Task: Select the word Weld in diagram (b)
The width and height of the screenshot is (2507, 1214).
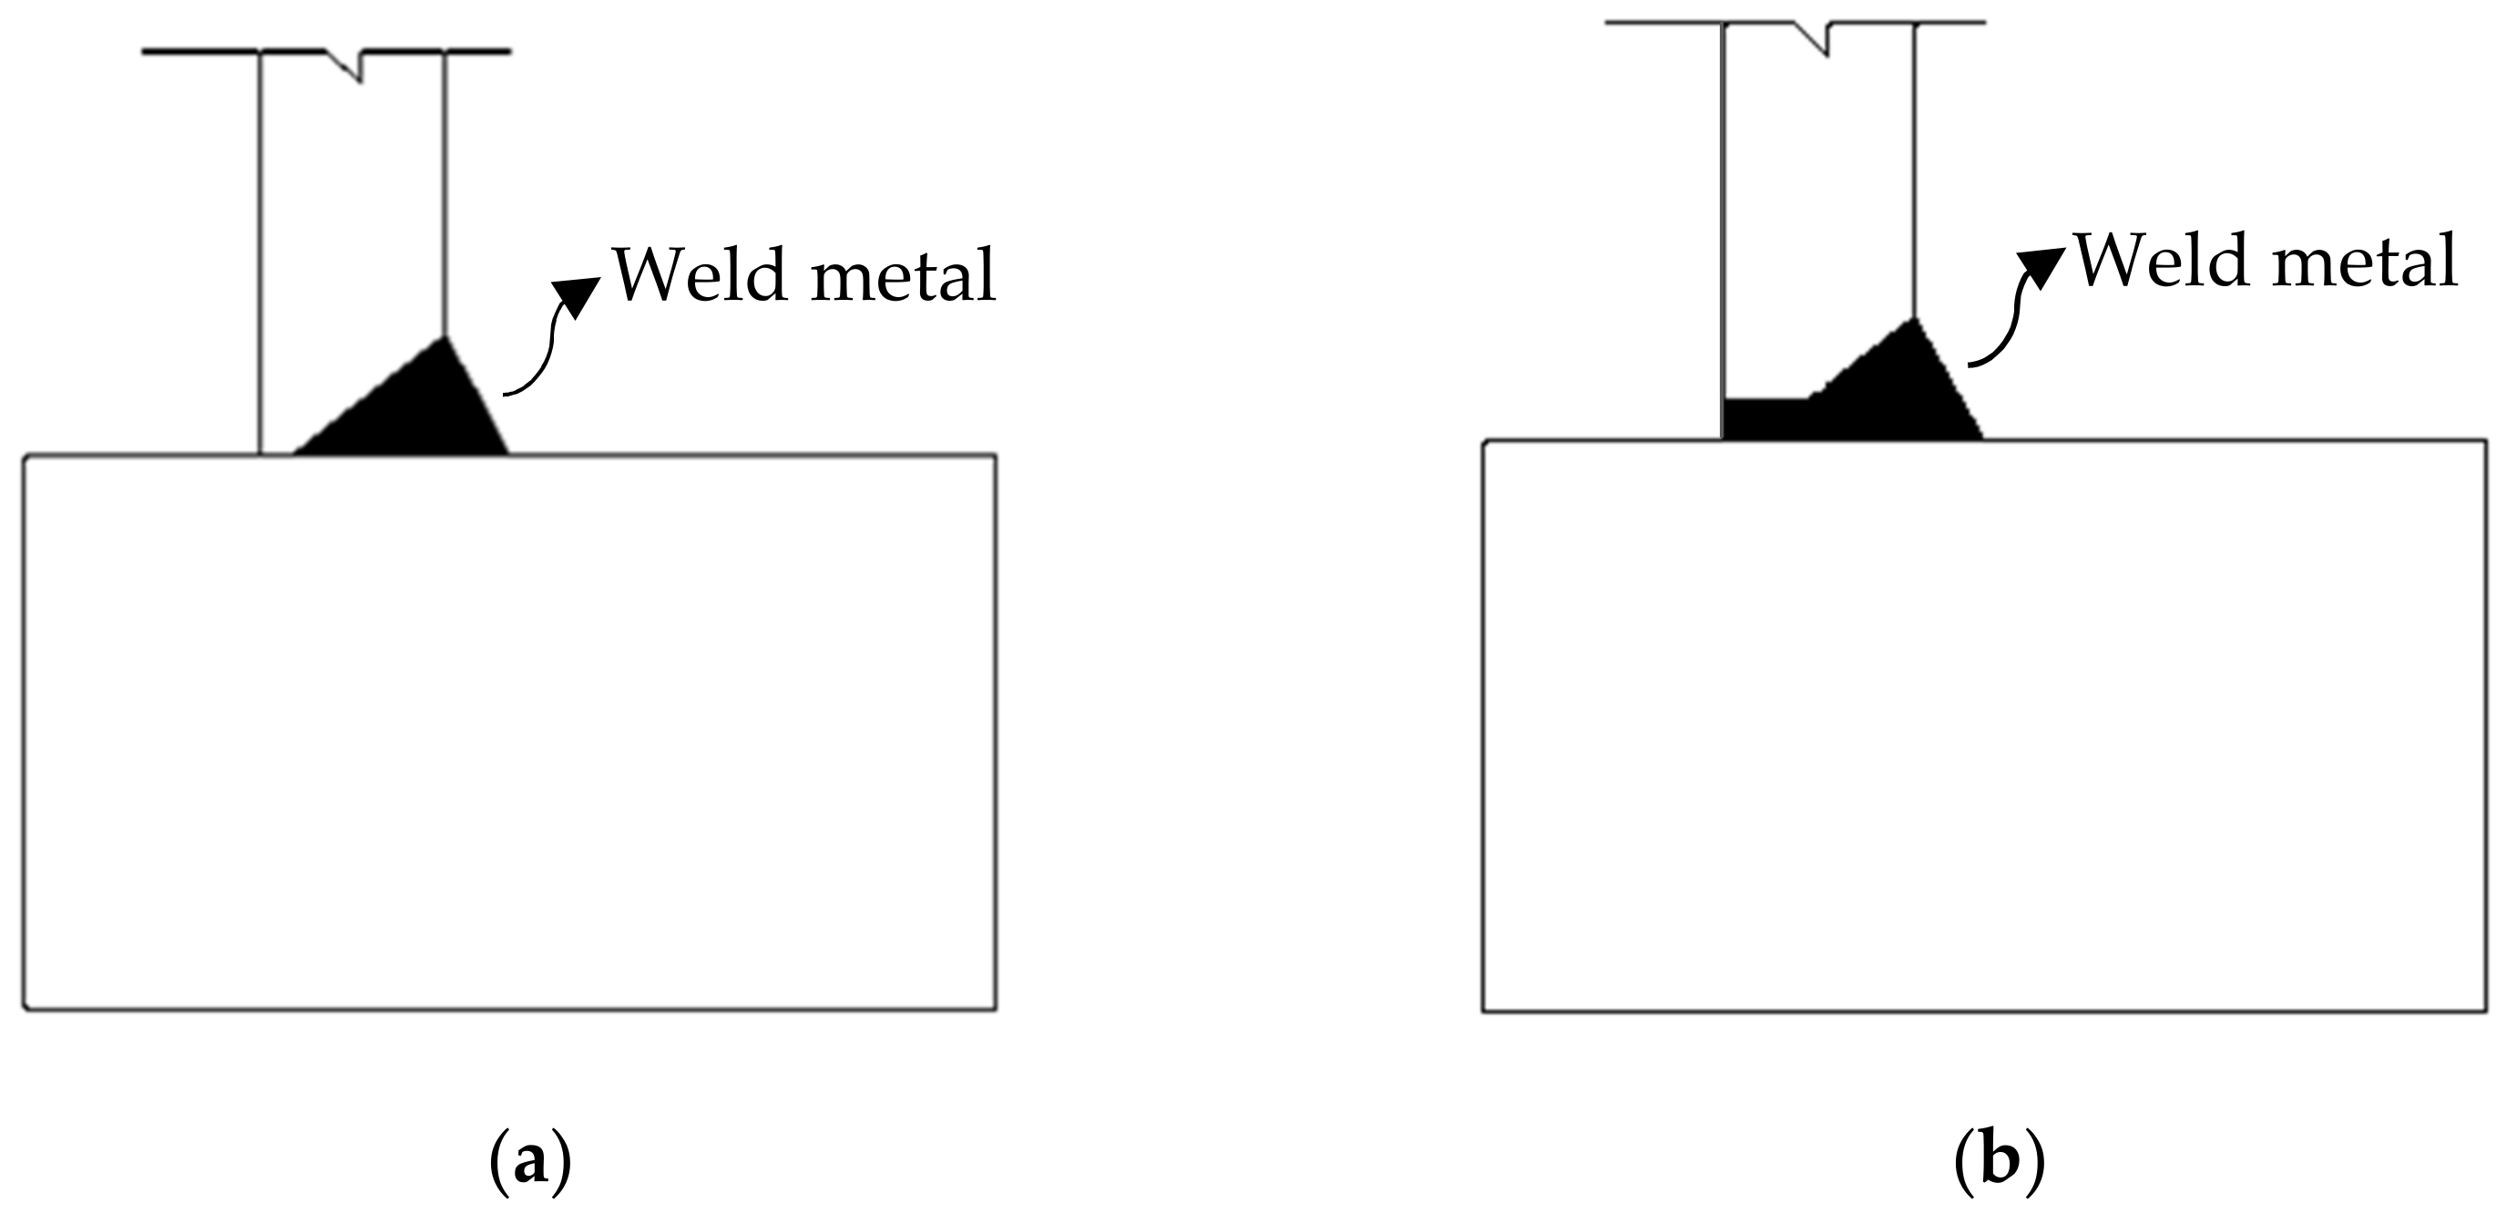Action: coord(2160,261)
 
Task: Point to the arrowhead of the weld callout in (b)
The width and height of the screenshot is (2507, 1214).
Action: coord(2042,265)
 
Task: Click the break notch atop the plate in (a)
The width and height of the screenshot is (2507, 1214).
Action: coord(351,64)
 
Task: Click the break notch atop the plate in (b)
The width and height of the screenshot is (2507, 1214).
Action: coord(1816,37)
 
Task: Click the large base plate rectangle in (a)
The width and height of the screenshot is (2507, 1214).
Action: coord(509,730)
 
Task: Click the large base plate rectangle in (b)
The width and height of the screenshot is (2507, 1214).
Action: coord(1983,725)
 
